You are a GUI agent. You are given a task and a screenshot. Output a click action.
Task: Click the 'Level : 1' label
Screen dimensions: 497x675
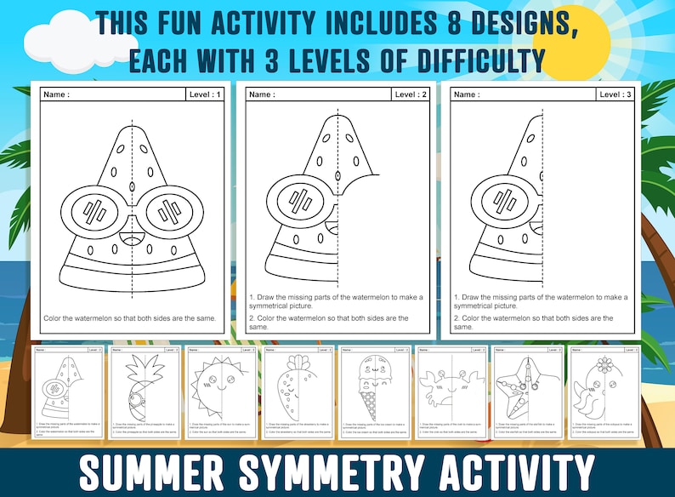point(205,94)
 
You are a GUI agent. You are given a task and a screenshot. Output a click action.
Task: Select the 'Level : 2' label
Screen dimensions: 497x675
point(411,94)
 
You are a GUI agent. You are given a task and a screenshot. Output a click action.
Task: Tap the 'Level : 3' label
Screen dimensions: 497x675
point(615,94)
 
